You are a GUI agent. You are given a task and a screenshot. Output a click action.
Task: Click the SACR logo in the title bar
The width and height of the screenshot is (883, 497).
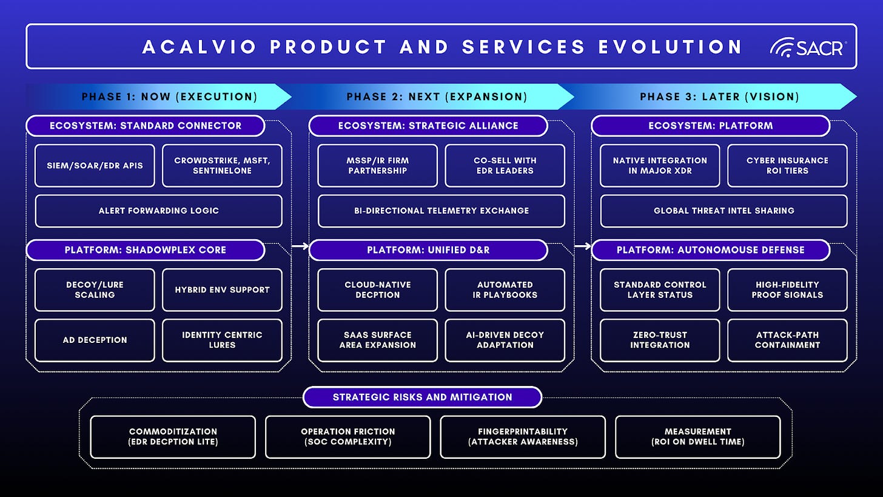point(807,47)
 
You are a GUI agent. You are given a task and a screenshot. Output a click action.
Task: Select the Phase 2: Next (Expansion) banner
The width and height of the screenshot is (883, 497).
point(437,96)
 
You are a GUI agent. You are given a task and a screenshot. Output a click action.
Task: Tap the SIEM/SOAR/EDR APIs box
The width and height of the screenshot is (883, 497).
point(95,165)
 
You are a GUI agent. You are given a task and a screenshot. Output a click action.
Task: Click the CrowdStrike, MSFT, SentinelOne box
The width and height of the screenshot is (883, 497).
point(222,165)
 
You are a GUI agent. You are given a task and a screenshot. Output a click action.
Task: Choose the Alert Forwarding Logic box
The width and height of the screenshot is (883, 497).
point(158,211)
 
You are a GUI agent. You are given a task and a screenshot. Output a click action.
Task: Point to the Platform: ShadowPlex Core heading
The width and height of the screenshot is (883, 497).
point(145,250)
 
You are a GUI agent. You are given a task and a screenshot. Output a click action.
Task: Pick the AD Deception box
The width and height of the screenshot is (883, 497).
point(95,340)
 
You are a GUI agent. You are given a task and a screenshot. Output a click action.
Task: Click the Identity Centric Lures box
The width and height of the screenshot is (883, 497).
point(222,340)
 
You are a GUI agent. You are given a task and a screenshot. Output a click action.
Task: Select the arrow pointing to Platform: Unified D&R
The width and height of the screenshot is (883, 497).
point(300,246)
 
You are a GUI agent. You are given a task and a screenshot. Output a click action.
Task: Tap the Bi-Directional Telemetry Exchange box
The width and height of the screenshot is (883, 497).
point(441,211)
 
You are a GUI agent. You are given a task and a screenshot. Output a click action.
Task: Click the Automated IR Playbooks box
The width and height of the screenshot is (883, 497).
point(505,289)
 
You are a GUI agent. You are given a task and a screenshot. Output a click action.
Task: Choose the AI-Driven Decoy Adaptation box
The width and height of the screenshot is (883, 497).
point(505,340)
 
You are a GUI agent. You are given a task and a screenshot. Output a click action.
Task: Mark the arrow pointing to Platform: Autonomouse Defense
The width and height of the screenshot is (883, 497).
point(582,246)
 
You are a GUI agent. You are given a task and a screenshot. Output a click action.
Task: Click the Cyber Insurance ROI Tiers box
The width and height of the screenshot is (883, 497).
point(787,165)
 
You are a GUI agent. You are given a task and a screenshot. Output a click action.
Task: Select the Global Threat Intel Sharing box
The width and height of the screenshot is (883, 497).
point(724,211)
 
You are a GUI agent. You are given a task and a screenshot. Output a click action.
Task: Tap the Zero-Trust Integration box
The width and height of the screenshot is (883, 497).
point(660,340)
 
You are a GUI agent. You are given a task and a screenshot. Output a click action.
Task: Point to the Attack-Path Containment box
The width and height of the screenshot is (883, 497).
point(787,340)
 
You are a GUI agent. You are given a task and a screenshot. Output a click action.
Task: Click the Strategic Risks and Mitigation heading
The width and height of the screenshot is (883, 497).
point(422,397)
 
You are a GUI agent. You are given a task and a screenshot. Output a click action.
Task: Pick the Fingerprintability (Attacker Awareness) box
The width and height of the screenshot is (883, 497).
point(523,436)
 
